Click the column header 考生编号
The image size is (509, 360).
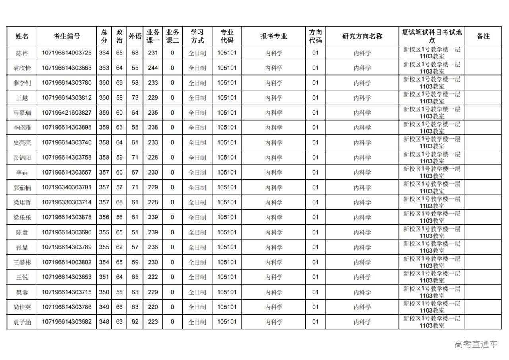(67, 36)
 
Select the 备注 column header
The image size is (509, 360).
(483, 36)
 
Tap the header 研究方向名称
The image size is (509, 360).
(362, 36)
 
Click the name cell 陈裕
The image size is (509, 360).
(22, 53)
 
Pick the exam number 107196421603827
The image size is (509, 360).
(67, 113)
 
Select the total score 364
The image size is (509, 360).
(104, 53)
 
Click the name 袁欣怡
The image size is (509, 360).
(22, 68)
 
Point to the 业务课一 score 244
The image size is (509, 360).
(153, 68)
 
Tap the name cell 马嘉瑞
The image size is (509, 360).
(22, 113)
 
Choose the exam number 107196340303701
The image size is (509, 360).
(67, 187)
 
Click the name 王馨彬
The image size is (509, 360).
(22, 262)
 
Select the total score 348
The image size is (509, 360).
(104, 322)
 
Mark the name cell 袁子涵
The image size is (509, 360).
(22, 322)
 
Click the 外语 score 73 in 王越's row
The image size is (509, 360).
(135, 98)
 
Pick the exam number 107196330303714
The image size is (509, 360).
(67, 202)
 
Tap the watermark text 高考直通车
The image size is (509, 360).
(476, 344)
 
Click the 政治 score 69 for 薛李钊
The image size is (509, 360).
(119, 83)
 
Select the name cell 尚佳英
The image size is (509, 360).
(22, 307)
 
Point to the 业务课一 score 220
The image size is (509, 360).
(153, 307)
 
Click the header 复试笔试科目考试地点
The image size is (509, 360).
(431, 36)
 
